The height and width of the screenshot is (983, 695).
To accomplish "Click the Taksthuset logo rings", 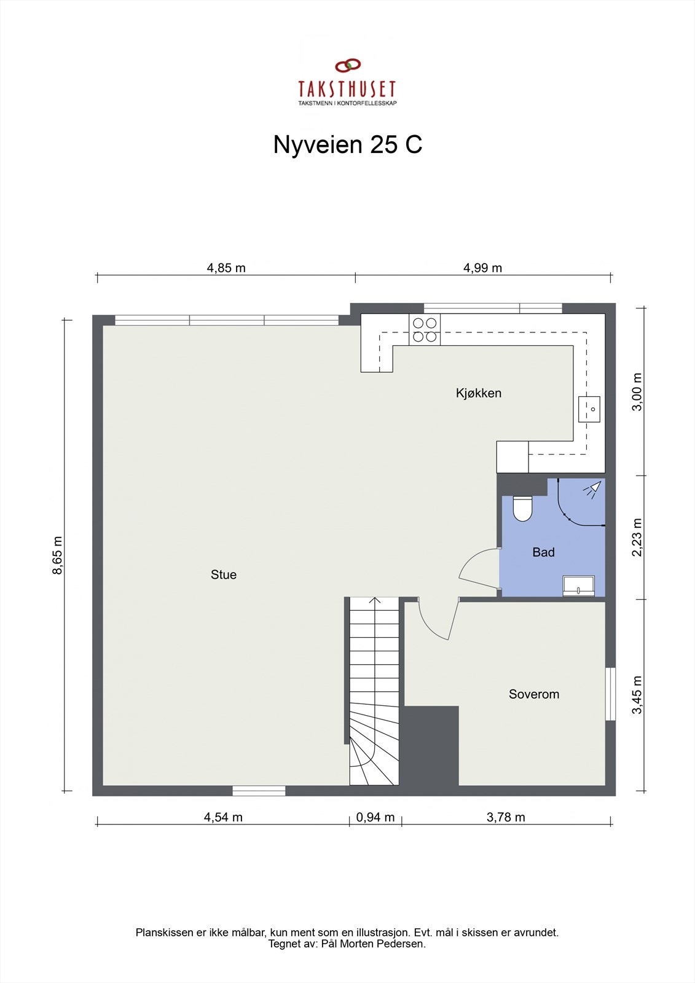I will point(348,65).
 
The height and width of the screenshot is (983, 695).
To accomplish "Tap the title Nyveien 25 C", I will point(347,145).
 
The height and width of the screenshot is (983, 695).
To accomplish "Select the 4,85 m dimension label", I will point(226,268).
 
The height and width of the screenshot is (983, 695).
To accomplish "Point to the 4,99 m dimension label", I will point(482,268).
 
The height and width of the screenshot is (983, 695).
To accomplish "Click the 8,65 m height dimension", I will point(58,555).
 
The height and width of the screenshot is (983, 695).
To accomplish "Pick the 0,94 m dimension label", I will point(375,817).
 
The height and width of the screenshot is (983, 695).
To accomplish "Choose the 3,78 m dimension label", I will point(506,817).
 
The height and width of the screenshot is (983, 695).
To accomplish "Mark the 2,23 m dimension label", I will point(637,537).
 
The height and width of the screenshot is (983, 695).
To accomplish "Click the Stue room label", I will point(224,575).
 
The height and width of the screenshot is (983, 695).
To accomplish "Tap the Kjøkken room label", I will point(479,393).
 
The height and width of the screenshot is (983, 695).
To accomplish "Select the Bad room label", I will point(543,552).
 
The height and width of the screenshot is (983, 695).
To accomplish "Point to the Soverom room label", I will point(534,694).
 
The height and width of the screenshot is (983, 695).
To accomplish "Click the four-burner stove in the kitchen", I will point(425,329).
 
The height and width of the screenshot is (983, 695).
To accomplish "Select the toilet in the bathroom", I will point(522,507).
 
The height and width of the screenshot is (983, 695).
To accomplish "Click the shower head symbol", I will point(592,489).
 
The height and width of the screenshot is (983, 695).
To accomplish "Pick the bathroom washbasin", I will point(579,586).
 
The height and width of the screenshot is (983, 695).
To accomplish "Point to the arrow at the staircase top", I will point(375,601).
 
